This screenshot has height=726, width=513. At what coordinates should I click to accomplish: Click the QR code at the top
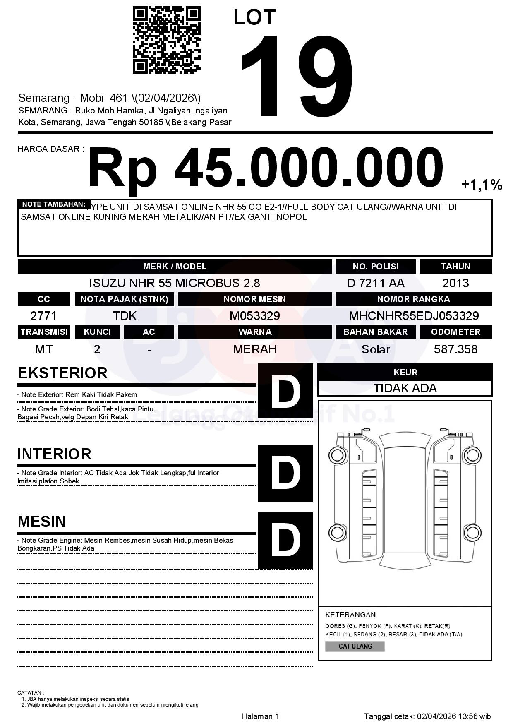[x=166, y=40]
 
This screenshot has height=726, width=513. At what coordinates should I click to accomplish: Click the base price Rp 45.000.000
[x=265, y=169]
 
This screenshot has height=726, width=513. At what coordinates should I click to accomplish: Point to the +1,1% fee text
[x=482, y=185]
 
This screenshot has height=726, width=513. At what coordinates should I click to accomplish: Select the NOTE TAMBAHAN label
[x=54, y=204]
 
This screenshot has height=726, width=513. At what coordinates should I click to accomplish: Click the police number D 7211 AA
[x=375, y=283]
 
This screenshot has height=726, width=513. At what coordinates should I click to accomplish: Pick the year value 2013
[x=455, y=283]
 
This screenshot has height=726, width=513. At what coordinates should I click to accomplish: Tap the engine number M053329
[x=255, y=316]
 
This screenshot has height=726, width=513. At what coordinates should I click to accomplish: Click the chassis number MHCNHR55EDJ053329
[x=414, y=316]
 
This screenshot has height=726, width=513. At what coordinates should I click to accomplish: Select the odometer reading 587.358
[x=455, y=349]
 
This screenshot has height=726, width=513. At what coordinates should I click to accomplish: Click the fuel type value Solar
[x=375, y=349]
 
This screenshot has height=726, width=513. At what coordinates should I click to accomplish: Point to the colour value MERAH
[x=255, y=349]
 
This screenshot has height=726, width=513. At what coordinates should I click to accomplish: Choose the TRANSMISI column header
[x=44, y=332]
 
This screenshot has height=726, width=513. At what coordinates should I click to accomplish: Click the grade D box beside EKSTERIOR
[x=285, y=391]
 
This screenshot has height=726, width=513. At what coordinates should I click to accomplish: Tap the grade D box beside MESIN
[x=285, y=540]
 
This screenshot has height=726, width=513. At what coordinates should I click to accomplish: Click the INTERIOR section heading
[x=54, y=454]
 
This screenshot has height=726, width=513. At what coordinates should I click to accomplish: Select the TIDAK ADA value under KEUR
[x=405, y=388]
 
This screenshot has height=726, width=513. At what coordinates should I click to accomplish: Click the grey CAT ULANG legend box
[x=355, y=646]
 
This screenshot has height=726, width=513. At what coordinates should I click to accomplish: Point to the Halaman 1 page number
[x=260, y=716]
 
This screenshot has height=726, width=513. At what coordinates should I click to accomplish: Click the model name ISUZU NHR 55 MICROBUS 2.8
[x=175, y=283]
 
